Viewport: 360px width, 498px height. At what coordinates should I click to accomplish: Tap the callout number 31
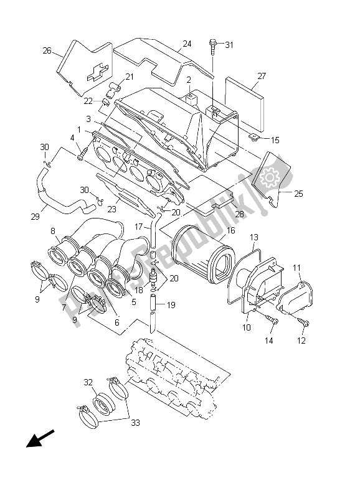tap(229, 44)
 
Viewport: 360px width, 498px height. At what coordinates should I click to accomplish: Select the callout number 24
tap(187, 44)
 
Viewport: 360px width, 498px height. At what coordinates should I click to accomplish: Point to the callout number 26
tap(47, 51)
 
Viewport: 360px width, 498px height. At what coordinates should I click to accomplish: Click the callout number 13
tap(253, 237)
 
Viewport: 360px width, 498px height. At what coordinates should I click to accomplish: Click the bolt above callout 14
tap(272, 319)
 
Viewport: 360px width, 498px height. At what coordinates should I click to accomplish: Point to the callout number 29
tap(36, 217)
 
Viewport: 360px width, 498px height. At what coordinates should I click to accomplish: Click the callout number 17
tap(140, 227)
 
